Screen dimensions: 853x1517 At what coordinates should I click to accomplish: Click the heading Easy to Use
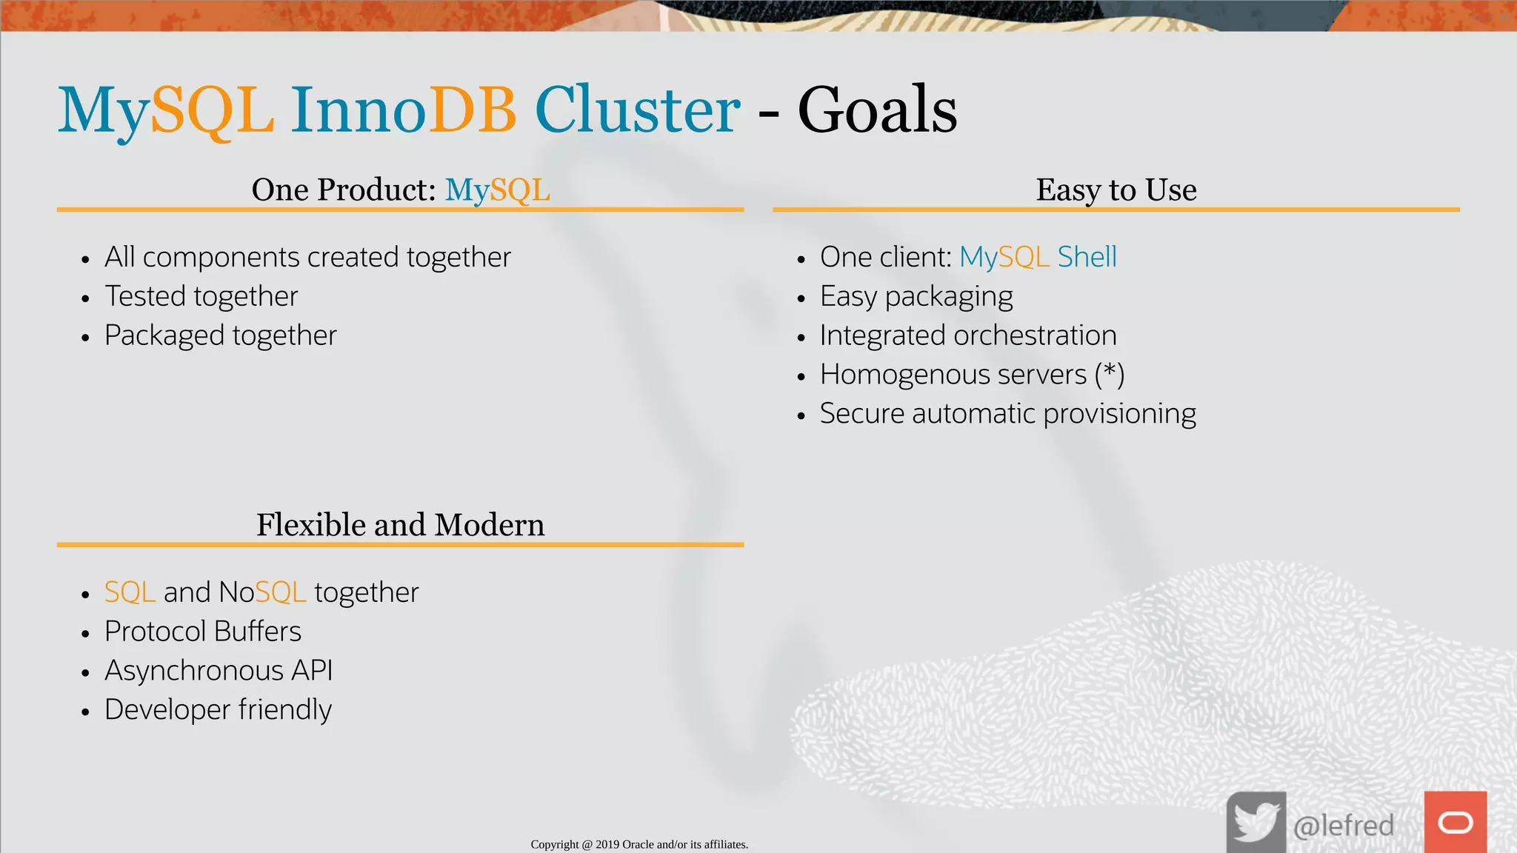pos(1116,190)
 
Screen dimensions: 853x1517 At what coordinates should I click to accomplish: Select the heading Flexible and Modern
pos(400,525)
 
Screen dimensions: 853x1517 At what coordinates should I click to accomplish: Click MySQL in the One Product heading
pos(497,190)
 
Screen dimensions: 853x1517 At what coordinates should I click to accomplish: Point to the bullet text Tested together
pos(201,296)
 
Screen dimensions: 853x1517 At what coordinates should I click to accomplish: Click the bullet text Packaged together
pos(220,335)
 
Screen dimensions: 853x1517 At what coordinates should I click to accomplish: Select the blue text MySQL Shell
pos(1038,257)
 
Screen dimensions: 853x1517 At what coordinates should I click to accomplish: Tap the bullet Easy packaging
pos(916,296)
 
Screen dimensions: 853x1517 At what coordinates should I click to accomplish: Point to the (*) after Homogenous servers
pos(1110,374)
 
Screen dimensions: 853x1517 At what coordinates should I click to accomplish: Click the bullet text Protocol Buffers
pos(202,632)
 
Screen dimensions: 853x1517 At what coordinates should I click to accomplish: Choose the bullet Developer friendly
pos(218,710)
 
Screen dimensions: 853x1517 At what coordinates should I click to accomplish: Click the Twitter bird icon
pos(1256,822)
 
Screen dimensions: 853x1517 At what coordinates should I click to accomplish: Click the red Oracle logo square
pos(1455,822)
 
